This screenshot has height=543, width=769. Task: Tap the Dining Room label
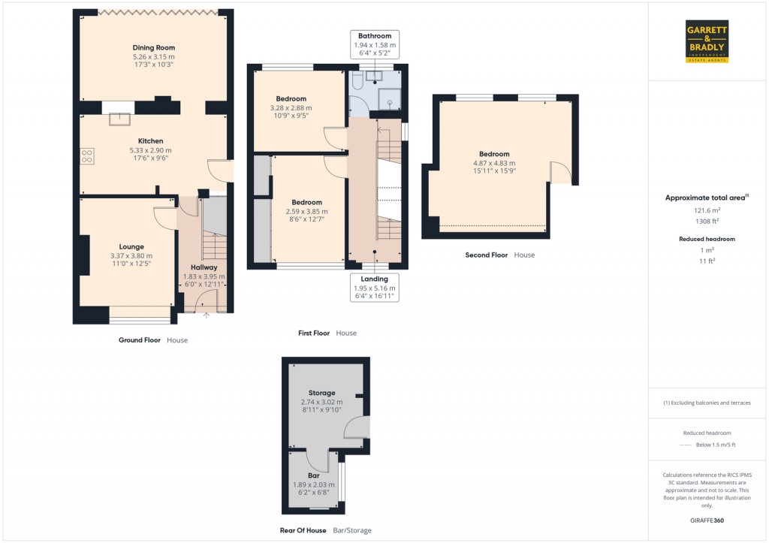tap(153, 48)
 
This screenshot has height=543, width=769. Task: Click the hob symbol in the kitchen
tap(87, 156)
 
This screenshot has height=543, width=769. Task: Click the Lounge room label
tap(131, 246)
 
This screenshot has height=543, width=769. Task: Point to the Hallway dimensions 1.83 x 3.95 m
tap(204, 276)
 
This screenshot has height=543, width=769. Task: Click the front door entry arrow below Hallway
tap(206, 315)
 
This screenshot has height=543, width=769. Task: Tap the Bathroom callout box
tap(375, 45)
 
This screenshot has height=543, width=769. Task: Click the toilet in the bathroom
tap(357, 84)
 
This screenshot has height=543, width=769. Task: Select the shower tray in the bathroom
tap(390, 98)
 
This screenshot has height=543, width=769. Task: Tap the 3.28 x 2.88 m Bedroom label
tap(291, 108)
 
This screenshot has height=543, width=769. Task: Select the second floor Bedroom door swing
tap(559, 174)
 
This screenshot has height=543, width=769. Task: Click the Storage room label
tap(321, 393)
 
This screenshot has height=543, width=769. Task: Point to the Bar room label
tap(313, 476)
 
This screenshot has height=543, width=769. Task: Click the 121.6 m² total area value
tap(706, 211)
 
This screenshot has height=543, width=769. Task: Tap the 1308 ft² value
tap(706, 221)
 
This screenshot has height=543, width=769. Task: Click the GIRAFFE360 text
tap(706, 520)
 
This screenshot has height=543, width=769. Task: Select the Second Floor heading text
tap(487, 255)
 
